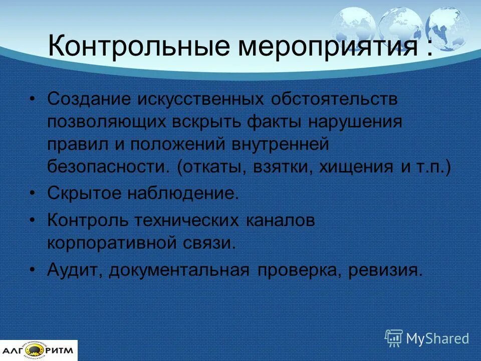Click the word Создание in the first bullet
88,99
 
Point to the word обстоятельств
334,99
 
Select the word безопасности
109,167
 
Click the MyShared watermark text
437,338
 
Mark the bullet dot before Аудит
33,270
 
